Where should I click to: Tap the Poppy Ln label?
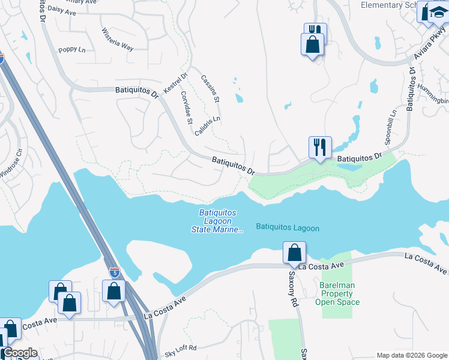pos(71,49)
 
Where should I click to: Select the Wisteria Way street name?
pos(117,39)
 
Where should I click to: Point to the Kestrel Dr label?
pos(175,83)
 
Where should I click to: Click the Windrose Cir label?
pos(11,164)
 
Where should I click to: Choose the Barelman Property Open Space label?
pos(337,293)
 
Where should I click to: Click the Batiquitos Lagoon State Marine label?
pos(218,221)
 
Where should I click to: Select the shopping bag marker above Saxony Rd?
pos(294,252)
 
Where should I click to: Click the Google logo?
pos(19,353)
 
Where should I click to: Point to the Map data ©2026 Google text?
pos(412,355)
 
